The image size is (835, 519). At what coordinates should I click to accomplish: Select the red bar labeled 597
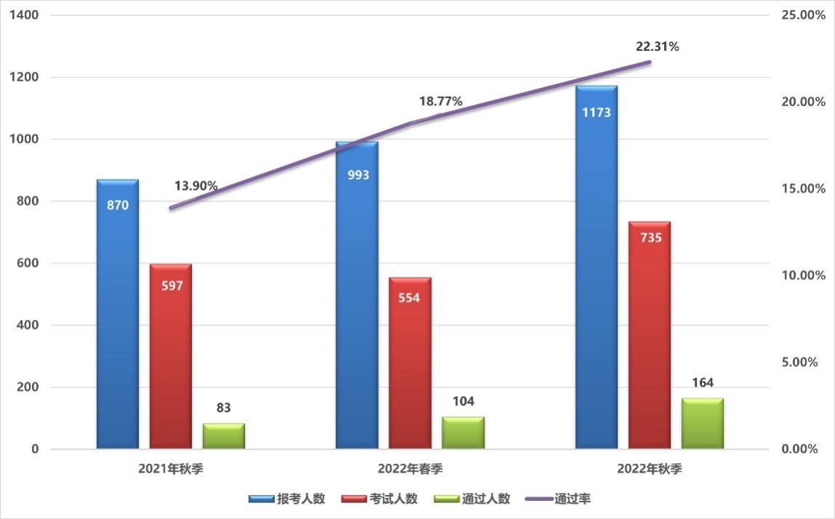pyautogui.click(x=171, y=356)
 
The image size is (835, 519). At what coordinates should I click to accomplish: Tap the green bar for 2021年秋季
pyautogui.click(x=223, y=435)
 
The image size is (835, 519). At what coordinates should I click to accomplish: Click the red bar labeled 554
pyautogui.click(x=409, y=363)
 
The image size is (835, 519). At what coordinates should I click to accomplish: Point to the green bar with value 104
pyautogui.click(x=463, y=432)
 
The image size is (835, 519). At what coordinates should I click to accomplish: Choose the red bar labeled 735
pyautogui.click(x=650, y=335)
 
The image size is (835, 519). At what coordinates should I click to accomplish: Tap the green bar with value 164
pyautogui.click(x=702, y=423)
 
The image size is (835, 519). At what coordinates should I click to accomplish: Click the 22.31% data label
pyautogui.click(x=657, y=47)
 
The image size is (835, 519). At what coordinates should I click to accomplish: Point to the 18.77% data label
pyautogui.click(x=440, y=102)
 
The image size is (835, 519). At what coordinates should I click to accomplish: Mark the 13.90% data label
pyautogui.click(x=196, y=186)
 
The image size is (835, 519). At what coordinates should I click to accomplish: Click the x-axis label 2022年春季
pyautogui.click(x=410, y=469)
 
